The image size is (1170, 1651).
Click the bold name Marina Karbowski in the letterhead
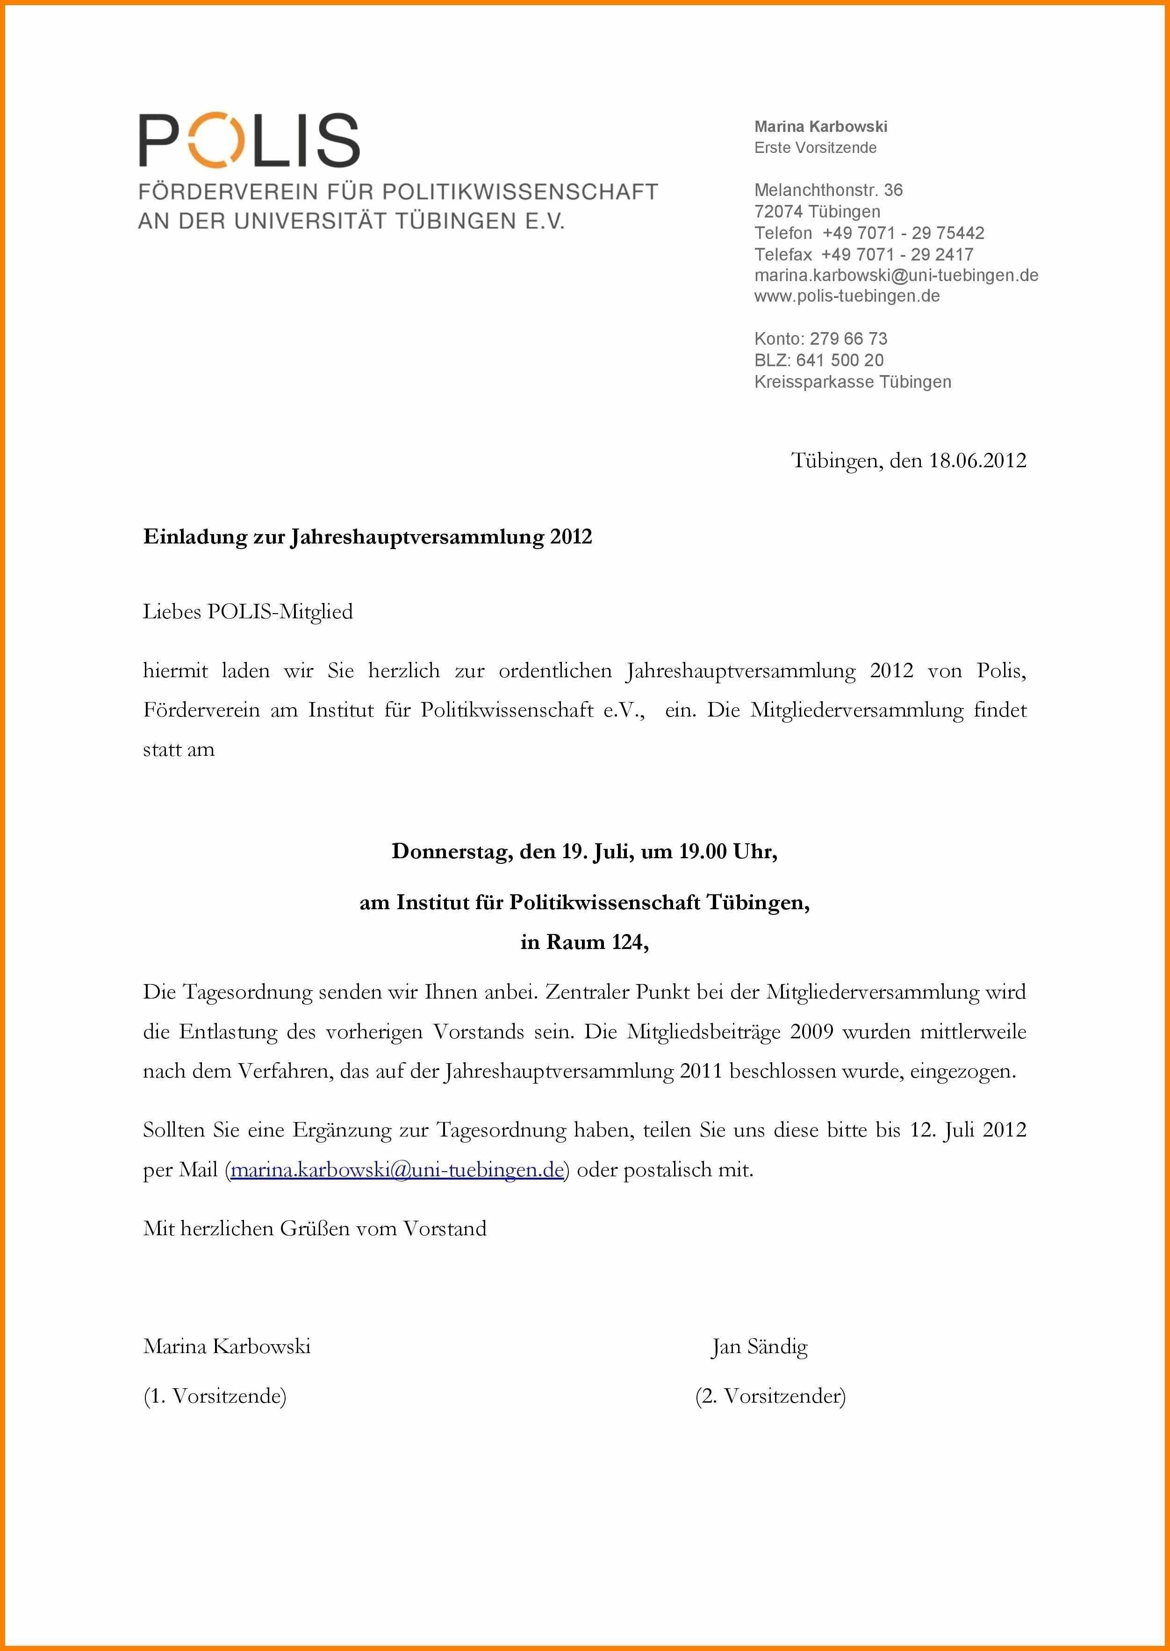click(820, 127)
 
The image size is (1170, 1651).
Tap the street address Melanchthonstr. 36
click(828, 190)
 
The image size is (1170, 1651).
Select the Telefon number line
click(869, 233)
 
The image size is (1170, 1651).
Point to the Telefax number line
click(864, 254)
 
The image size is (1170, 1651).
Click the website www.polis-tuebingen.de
click(847, 296)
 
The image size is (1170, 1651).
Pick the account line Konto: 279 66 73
click(820, 339)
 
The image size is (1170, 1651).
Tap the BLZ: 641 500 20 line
click(818, 360)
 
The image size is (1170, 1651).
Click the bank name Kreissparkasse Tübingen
click(852, 382)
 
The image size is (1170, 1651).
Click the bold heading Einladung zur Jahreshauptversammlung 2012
click(367, 537)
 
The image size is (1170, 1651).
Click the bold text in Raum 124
click(584, 942)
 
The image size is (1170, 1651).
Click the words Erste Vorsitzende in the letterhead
click(815, 148)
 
